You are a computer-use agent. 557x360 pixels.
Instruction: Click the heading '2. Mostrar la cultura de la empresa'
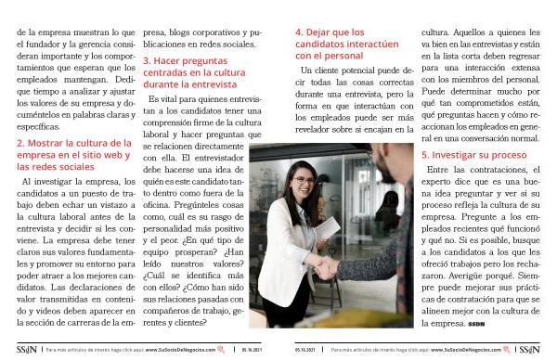pos(74,155)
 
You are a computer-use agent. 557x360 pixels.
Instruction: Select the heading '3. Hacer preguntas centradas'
pos(194,72)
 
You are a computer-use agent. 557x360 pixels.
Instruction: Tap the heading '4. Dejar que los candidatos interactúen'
pos(346,44)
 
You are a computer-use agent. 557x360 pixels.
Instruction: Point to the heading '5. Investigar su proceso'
pos(473,155)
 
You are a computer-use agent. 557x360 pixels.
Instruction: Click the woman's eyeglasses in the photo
pos(304,180)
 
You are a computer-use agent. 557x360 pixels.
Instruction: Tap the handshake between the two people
pos(326,266)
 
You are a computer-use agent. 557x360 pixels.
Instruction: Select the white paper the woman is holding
pos(327,228)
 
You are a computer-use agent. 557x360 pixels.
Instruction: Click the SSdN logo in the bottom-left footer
pos(27,350)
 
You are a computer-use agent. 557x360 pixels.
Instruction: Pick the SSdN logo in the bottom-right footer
pos(529,350)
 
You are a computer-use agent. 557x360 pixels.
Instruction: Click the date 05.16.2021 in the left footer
pos(252,350)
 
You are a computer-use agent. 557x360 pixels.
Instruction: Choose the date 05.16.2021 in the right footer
pos(305,350)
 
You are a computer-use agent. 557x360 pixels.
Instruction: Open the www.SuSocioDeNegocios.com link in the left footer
pos(180,350)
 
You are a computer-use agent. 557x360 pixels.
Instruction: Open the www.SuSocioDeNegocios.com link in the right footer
pos(466,350)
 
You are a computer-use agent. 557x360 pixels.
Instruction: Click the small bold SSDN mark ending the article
pos(476,324)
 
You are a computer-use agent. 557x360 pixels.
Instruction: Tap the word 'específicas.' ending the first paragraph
pos(38,127)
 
